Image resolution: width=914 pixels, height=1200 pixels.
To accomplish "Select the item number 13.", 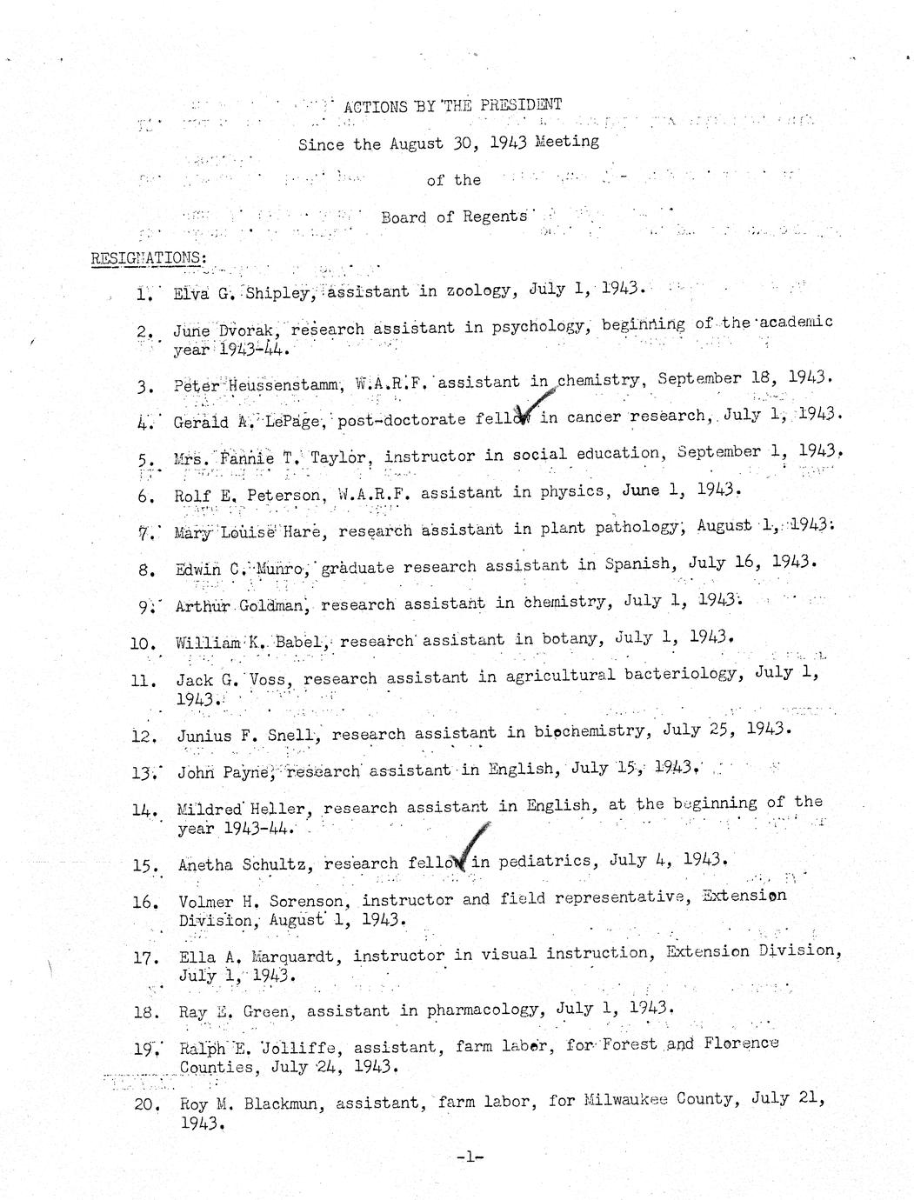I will point(143,771).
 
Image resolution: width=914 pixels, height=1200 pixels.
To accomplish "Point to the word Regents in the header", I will point(495,216).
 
